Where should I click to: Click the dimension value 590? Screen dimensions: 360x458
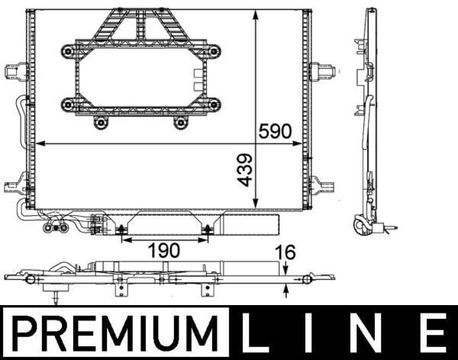(x=276, y=130)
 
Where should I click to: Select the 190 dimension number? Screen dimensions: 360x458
(x=163, y=250)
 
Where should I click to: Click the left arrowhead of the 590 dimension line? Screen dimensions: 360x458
(x=40, y=142)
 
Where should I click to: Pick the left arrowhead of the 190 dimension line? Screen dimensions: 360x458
(x=124, y=239)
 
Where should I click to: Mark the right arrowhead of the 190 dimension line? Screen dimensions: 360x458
(x=206, y=239)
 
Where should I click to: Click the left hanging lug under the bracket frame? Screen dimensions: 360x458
(x=100, y=121)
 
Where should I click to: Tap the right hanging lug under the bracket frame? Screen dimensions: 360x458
(x=181, y=121)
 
